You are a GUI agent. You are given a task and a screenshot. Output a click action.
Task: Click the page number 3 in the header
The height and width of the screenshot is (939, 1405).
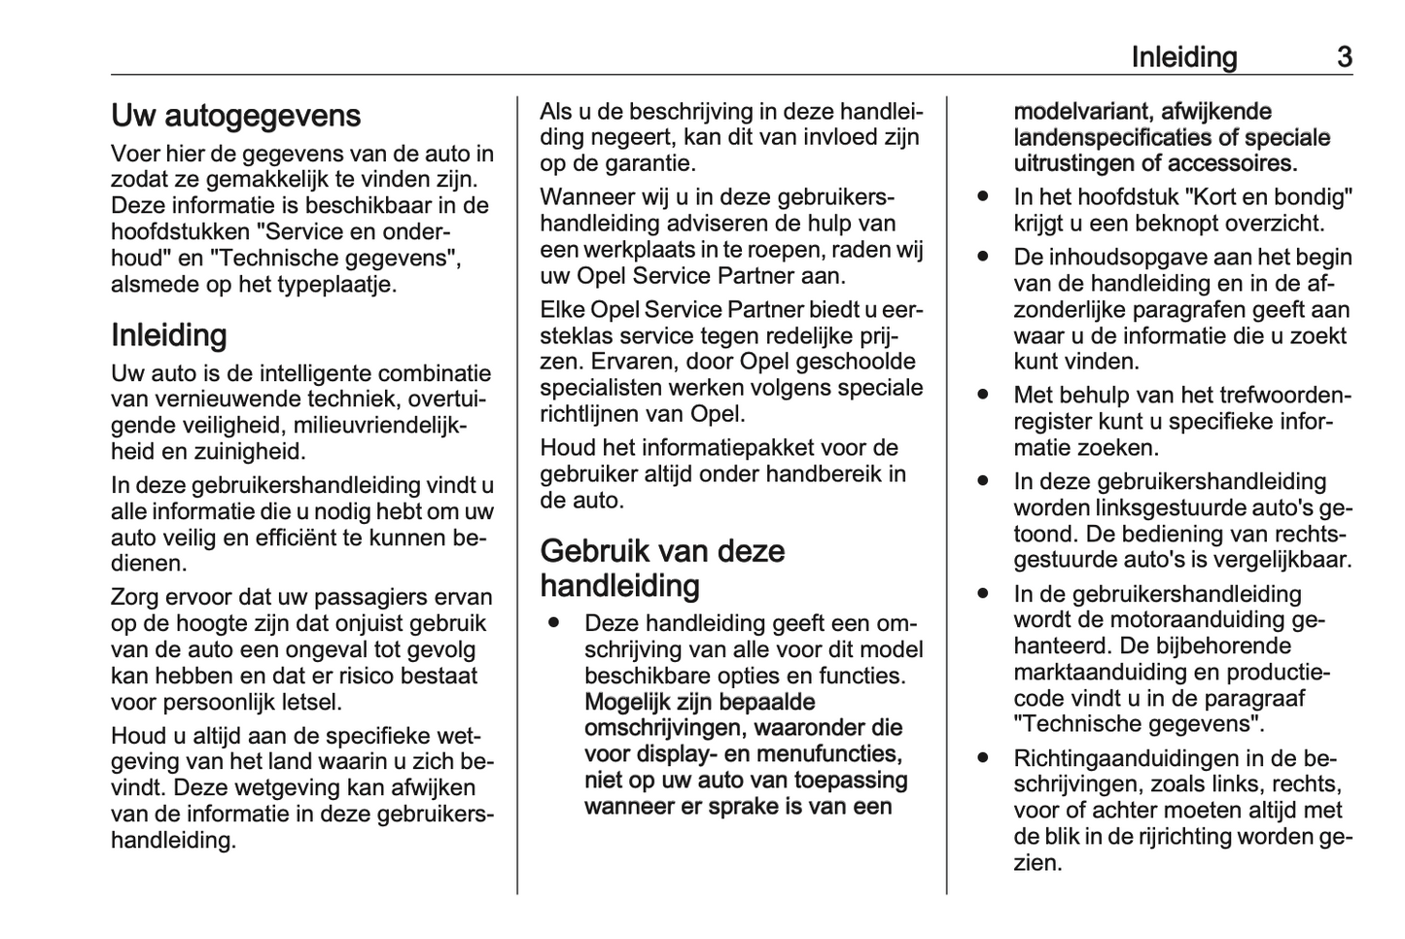point(1344,57)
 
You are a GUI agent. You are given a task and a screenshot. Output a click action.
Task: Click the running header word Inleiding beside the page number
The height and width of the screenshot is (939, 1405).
point(1183,57)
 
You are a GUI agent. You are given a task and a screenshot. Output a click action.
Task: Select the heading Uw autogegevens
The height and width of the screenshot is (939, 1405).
point(235,116)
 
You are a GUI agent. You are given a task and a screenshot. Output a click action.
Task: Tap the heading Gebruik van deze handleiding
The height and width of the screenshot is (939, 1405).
point(662,569)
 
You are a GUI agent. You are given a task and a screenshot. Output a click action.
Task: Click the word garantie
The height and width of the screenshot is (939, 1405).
point(646,163)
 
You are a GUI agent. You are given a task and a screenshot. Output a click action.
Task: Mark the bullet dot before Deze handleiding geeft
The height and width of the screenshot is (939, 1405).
point(553,622)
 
